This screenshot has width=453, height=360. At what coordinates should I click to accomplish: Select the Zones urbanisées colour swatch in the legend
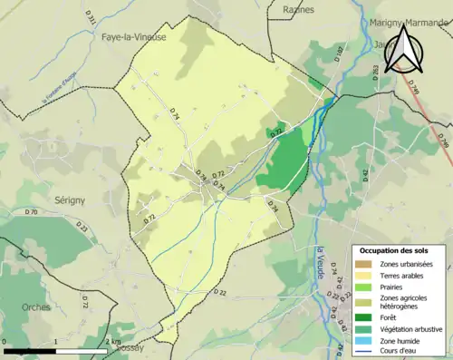click(x=365, y=264)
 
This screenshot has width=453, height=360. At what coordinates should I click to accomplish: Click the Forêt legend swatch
click(x=365, y=316)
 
